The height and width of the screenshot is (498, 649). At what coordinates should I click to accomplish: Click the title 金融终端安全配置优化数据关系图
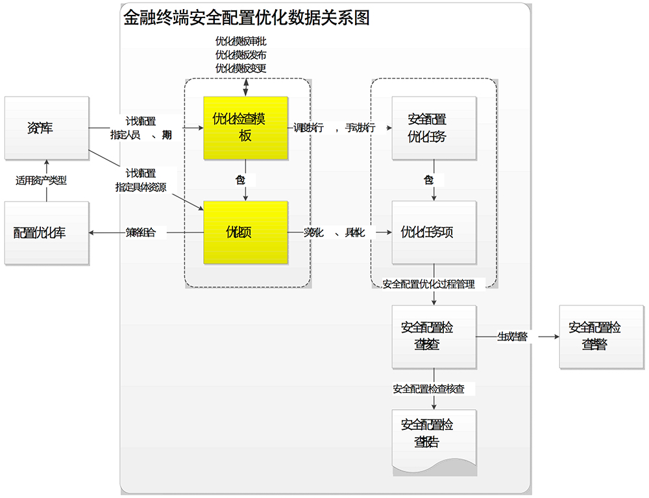[x=247, y=18]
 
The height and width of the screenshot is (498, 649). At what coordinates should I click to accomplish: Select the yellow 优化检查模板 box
[x=245, y=128]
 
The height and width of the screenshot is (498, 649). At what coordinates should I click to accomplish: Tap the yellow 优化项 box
[x=245, y=232]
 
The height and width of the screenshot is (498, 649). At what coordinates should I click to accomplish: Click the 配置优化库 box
[x=46, y=233]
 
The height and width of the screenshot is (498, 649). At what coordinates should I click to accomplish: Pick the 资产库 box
[x=46, y=128]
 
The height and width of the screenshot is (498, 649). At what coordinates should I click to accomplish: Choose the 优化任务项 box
[x=434, y=232]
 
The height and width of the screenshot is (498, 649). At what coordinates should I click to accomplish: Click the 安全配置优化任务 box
[x=434, y=128]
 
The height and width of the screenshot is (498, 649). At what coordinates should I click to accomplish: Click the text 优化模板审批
[x=241, y=41]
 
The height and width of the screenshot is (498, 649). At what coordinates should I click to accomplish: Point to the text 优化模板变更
[x=241, y=68]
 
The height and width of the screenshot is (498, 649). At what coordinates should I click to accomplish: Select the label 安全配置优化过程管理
[x=429, y=284]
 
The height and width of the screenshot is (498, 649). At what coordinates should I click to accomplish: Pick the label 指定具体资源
[x=141, y=187]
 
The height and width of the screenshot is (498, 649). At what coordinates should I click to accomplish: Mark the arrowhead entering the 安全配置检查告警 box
[x=556, y=337]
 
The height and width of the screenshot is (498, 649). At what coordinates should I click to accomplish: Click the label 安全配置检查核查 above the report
[x=429, y=389]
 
